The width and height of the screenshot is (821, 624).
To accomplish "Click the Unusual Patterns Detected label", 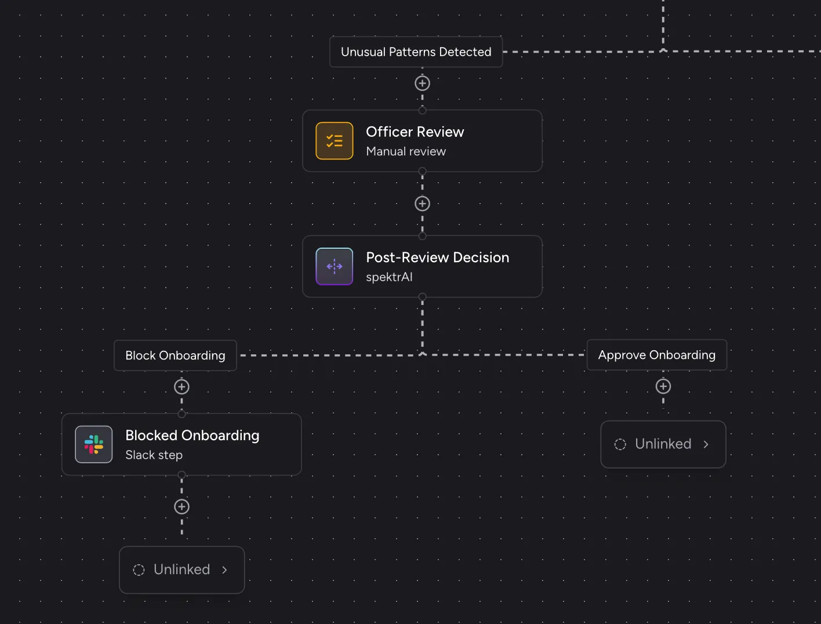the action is pos(416,52).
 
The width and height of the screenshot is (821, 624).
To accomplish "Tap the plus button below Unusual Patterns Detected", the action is pos(422,83).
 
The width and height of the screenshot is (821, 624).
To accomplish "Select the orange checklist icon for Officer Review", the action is pos(335,141).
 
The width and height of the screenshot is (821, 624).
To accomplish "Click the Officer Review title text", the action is pos(415,132).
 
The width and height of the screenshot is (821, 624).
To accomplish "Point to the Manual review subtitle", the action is pos(406,151).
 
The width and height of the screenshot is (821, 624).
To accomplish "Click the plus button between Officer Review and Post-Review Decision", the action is pos(422,204).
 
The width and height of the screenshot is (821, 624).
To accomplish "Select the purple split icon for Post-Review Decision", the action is pos(335,266).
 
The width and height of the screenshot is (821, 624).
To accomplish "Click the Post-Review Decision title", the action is pos(438,257).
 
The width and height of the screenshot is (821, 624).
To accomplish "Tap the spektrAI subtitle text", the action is pos(389,277).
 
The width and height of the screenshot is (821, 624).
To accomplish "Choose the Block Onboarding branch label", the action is pos(176,355).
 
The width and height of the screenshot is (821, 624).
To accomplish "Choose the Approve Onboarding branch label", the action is pos(657,355).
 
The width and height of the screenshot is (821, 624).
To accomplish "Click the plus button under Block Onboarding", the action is pos(182,387).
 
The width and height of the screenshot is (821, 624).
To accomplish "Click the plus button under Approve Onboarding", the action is pos(663,386).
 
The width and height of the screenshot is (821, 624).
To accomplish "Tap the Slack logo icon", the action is pos(94,444).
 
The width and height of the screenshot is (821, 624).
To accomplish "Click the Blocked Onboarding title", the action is pos(192,436).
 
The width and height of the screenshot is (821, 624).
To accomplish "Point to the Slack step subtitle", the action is pos(154,455).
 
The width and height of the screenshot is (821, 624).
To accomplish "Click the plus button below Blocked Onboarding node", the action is pos(182,506).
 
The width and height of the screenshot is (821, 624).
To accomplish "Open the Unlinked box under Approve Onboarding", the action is pos(663,444).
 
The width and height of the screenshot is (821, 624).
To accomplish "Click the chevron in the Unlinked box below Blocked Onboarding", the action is pos(224,569).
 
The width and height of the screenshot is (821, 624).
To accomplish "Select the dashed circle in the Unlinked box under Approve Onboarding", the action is pos(620,444).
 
